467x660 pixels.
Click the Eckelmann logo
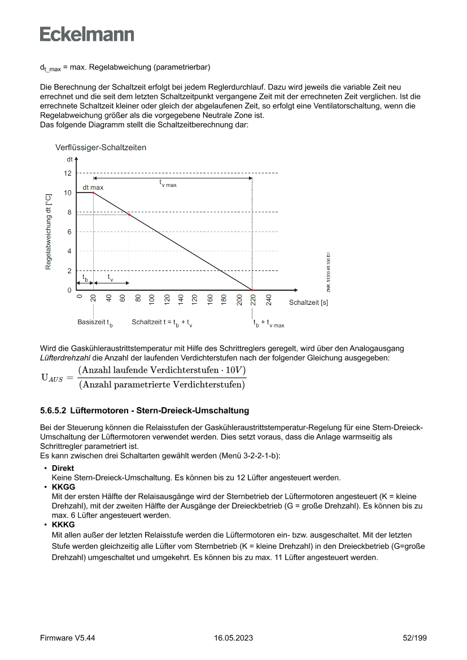(x=87, y=34)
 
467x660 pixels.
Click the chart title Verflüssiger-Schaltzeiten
(x=101, y=148)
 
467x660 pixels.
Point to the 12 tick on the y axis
(x=68, y=173)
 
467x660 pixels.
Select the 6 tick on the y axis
(x=69, y=231)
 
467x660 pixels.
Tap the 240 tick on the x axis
(x=269, y=300)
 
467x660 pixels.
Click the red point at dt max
(x=93, y=193)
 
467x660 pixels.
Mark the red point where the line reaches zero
(x=252, y=290)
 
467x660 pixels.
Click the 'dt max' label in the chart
(x=93, y=186)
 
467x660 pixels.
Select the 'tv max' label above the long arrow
(x=168, y=183)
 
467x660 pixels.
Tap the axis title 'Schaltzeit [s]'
(x=308, y=303)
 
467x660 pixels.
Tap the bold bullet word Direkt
(x=63, y=469)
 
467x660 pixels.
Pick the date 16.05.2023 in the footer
(x=233, y=638)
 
